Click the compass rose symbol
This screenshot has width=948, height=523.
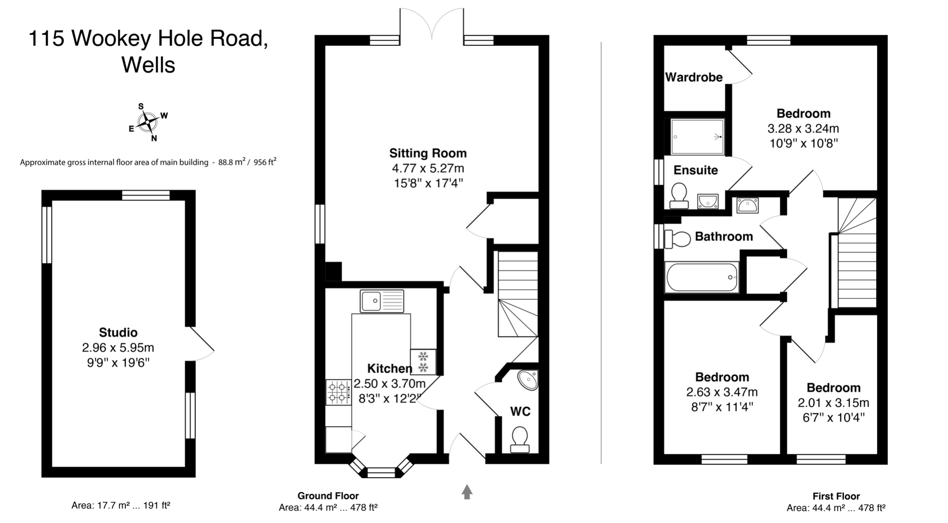(148, 123)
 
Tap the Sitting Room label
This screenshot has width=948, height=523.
(428, 153)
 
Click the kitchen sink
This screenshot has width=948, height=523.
(382, 301)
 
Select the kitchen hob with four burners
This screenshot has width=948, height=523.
(338, 392)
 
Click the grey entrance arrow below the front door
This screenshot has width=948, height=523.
(467, 492)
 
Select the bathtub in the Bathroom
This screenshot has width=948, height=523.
(702, 277)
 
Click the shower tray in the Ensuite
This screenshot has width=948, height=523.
(697, 137)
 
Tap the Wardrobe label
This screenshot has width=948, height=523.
(693, 77)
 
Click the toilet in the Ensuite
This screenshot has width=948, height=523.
(679, 196)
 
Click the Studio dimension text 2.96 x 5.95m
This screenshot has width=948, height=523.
(118, 348)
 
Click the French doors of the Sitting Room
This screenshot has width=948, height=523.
(432, 25)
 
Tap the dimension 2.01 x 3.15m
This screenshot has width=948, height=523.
(833, 403)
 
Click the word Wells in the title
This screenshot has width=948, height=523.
(148, 65)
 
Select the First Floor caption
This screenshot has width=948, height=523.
(836, 497)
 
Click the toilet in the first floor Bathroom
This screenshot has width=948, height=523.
(677, 239)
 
